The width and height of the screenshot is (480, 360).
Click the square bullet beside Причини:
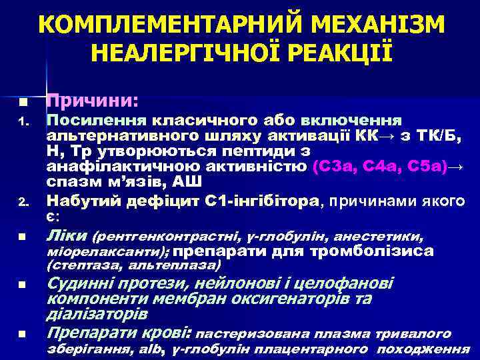point(22,103)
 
